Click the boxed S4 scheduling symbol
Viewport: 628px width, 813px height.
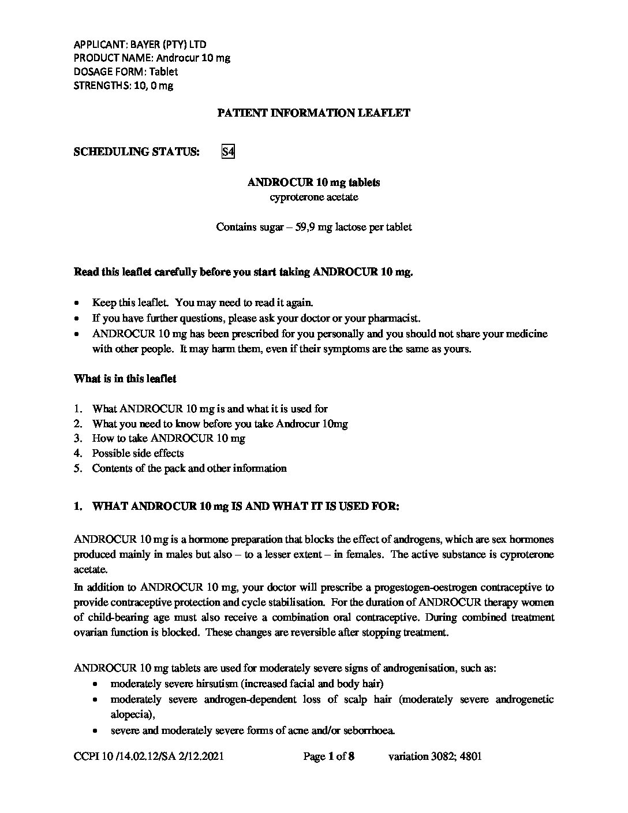pyautogui.click(x=228, y=152)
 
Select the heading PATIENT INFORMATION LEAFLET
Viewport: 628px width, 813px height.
pyautogui.click(x=313, y=113)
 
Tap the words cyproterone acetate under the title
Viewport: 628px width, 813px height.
pyautogui.click(x=313, y=197)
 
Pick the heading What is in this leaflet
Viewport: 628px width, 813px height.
pyautogui.click(x=125, y=379)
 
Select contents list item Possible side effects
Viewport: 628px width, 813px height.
pyautogui.click(x=138, y=453)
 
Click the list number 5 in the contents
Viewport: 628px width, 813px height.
pyautogui.click(x=77, y=468)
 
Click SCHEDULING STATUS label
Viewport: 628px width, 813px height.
pyautogui.click(x=137, y=152)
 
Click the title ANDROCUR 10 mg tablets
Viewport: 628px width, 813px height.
pyautogui.click(x=313, y=182)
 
